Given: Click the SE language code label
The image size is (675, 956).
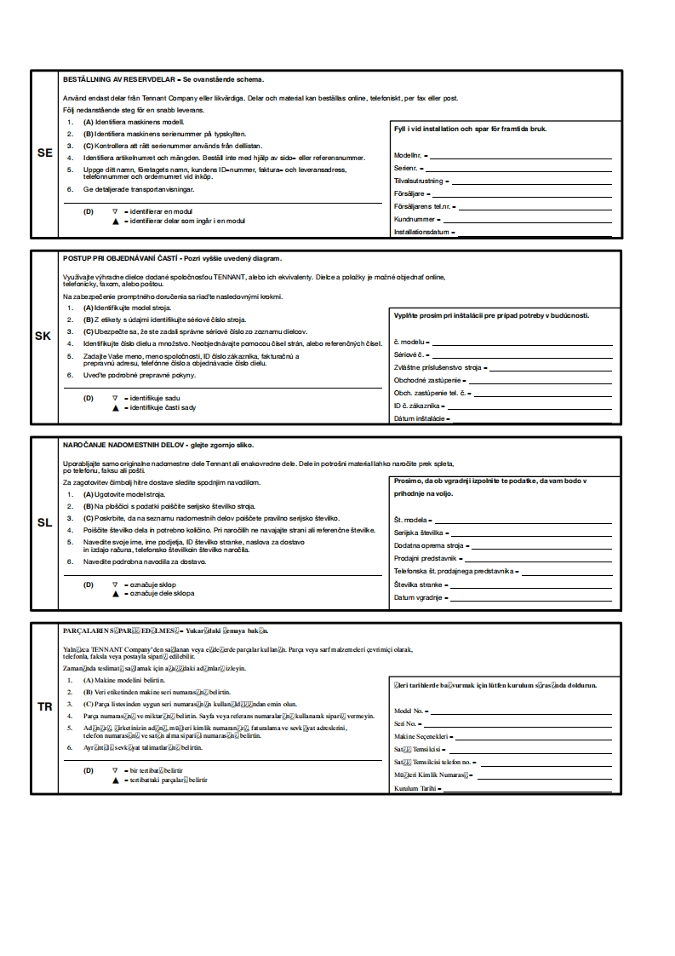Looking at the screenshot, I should (x=45, y=153).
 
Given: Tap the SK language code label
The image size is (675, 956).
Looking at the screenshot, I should (x=43, y=336).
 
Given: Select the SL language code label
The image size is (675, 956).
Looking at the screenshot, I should (x=45, y=522).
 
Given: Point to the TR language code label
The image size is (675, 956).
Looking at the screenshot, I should (x=45, y=707).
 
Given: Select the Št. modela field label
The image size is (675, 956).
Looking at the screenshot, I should (x=410, y=520).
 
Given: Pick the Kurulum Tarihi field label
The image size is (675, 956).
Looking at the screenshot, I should (x=415, y=789).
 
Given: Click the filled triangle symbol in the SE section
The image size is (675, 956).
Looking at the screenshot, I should (x=115, y=221).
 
